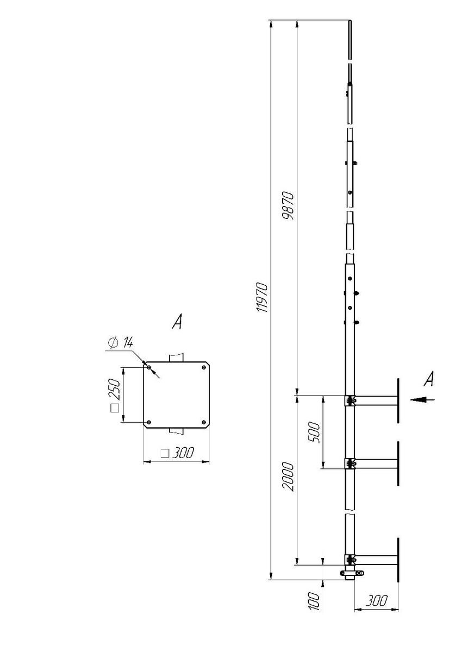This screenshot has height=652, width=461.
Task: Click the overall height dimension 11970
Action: (x=262, y=297)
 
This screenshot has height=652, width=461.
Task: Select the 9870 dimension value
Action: (x=288, y=206)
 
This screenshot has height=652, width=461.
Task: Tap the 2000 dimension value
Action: (x=288, y=477)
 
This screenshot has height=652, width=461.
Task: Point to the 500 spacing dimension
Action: (x=314, y=432)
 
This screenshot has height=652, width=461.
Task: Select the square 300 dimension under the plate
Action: (x=177, y=453)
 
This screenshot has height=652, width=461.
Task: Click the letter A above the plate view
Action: (x=177, y=321)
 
